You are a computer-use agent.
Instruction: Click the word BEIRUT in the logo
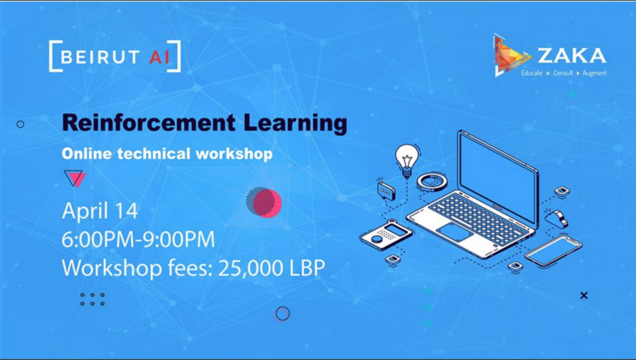[94, 57]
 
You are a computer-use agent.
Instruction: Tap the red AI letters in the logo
[159, 57]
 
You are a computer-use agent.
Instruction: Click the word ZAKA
[572, 56]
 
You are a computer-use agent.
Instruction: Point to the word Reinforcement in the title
[148, 123]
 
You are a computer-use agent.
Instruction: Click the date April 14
[100, 211]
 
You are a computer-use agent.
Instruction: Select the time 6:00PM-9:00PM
[138, 239]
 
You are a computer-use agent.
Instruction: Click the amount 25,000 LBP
[271, 268]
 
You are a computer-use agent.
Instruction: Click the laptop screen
[499, 170]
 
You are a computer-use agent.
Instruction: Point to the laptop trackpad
[454, 232]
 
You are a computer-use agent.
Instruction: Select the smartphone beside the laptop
[554, 251]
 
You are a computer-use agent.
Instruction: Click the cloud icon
[557, 219]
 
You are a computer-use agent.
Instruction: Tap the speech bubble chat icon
[386, 191]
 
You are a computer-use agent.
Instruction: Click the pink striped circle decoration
[264, 202]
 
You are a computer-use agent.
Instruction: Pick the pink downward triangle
[76, 178]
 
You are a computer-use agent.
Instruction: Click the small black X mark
[584, 295]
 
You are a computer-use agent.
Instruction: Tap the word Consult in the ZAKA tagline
[563, 73]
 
